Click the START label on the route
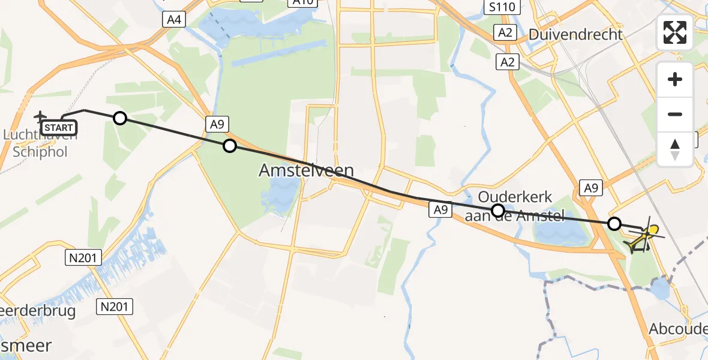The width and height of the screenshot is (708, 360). [58, 128]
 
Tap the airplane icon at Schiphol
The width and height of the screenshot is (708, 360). [40, 116]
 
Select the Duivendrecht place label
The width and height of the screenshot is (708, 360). [575, 34]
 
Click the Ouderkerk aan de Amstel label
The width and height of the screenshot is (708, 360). [515, 206]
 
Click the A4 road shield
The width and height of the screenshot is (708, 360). [175, 19]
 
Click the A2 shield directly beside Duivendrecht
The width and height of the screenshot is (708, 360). [505, 32]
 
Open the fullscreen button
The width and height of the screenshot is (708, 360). [675, 32]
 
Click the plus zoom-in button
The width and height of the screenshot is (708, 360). [675, 79]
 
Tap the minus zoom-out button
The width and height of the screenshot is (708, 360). [675, 114]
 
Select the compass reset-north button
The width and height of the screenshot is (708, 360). [675, 149]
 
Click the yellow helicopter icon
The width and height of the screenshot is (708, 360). [643, 239]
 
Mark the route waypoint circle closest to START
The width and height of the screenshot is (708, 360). [120, 118]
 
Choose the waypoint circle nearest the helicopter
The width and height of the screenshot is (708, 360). [614, 224]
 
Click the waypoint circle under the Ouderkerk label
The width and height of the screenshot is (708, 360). [497, 210]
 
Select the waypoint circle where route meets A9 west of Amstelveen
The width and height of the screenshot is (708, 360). [230, 145]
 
